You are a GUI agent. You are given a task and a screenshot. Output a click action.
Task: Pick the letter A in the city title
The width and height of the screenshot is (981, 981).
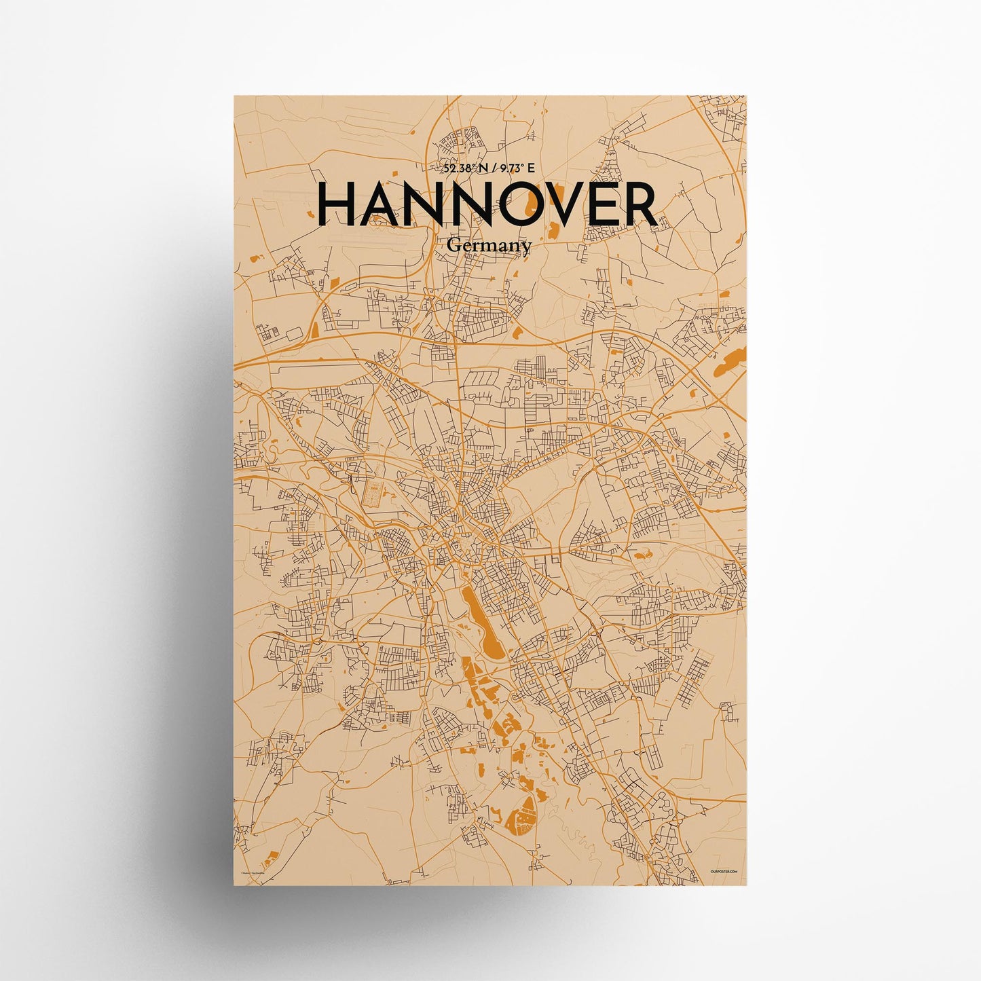tap(384, 205)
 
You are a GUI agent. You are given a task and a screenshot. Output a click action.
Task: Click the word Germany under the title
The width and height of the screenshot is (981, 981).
tap(489, 247)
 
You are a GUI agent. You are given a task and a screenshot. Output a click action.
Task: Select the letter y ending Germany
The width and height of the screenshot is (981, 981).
tap(526, 249)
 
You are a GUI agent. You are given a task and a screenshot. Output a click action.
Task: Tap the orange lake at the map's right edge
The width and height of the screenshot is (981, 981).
tap(730, 363)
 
